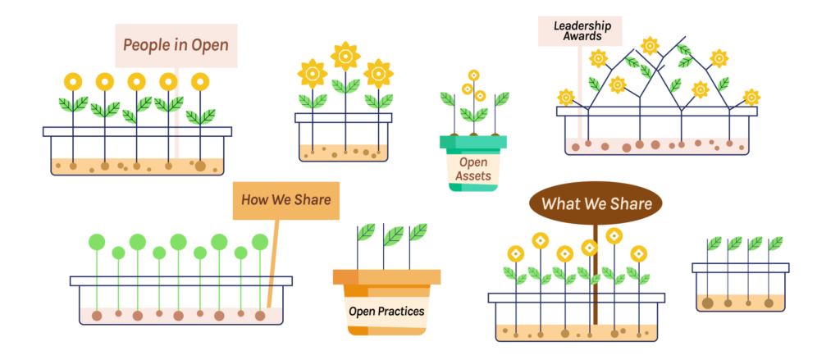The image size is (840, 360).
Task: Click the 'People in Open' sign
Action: point(176,45)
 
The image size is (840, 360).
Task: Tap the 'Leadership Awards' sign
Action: point(579,31)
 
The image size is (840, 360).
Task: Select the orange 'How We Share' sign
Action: point(285,199)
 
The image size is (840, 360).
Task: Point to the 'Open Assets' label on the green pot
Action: point(473,169)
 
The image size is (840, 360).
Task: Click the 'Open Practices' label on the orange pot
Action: point(386,311)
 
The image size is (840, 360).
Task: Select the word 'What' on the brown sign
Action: point(561,203)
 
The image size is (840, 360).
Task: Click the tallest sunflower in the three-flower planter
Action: point(345,56)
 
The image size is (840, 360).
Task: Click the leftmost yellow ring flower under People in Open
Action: point(74,81)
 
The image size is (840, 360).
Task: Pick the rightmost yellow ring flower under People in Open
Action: point(200,81)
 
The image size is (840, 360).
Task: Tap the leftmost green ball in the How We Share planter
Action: point(98,242)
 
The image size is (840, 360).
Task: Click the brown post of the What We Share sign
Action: point(596,279)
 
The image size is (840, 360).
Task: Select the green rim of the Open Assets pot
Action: point(472,143)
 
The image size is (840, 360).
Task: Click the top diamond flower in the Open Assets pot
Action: point(473,75)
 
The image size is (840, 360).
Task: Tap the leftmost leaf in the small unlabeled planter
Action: point(714,244)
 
